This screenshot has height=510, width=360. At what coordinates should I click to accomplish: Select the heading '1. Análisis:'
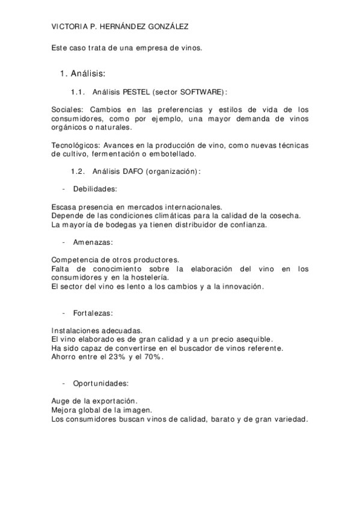(x=83, y=74)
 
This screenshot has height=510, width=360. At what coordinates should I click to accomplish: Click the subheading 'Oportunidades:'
(x=100, y=383)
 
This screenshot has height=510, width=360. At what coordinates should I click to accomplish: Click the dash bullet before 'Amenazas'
(x=64, y=242)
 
